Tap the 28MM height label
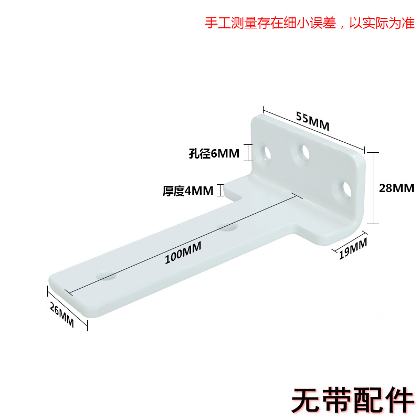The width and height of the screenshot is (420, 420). point(396,187)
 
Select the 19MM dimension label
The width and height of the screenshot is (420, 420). point(352,248)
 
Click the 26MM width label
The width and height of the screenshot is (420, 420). point(62,316)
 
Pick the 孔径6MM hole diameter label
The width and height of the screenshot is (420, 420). point(214,154)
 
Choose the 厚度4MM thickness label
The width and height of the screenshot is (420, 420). point(188,190)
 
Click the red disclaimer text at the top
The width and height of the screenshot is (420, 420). point(309,24)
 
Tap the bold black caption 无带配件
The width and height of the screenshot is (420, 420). point(352,400)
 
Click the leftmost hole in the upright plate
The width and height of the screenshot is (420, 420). point(267,153)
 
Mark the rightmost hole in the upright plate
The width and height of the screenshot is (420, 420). point(346,189)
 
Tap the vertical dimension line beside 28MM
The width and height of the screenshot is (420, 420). point(372,187)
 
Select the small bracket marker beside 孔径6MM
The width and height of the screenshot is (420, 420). point(250,153)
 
